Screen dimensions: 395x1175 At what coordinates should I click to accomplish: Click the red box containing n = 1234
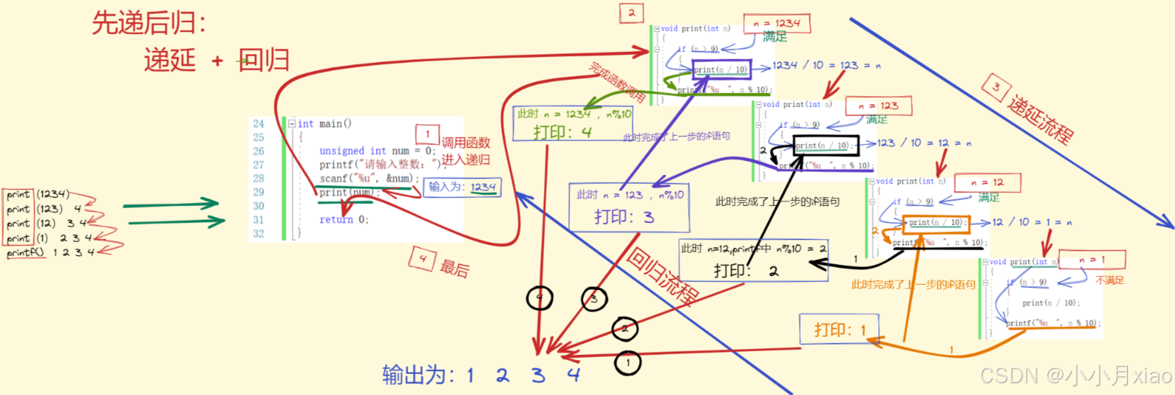click(777, 24)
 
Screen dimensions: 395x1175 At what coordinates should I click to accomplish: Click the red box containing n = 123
click(879, 106)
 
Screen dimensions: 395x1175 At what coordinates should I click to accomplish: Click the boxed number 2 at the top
click(631, 12)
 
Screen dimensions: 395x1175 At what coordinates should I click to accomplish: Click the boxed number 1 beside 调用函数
click(427, 135)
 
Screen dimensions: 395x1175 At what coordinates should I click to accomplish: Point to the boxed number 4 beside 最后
click(422, 259)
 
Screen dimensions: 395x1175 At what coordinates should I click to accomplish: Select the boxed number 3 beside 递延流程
click(995, 87)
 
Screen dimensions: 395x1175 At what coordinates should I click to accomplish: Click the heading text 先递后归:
click(149, 23)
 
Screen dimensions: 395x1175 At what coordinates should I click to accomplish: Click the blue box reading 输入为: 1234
click(462, 187)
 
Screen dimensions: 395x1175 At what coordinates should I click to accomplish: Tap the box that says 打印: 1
click(839, 329)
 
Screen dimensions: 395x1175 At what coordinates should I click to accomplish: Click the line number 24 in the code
click(258, 123)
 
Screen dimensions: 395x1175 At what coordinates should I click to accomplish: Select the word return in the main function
click(336, 220)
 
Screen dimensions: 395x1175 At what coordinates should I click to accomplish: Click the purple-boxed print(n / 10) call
click(720, 70)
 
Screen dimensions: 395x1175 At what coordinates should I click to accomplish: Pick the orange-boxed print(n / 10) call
click(934, 222)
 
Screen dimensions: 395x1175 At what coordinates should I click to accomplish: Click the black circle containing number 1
click(628, 362)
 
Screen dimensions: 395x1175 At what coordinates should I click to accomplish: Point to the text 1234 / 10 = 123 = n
click(826, 65)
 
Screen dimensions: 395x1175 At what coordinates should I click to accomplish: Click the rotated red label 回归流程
click(661, 276)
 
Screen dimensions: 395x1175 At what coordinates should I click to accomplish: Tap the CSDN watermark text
click(1075, 375)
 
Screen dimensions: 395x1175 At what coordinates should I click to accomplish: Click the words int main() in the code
click(324, 123)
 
